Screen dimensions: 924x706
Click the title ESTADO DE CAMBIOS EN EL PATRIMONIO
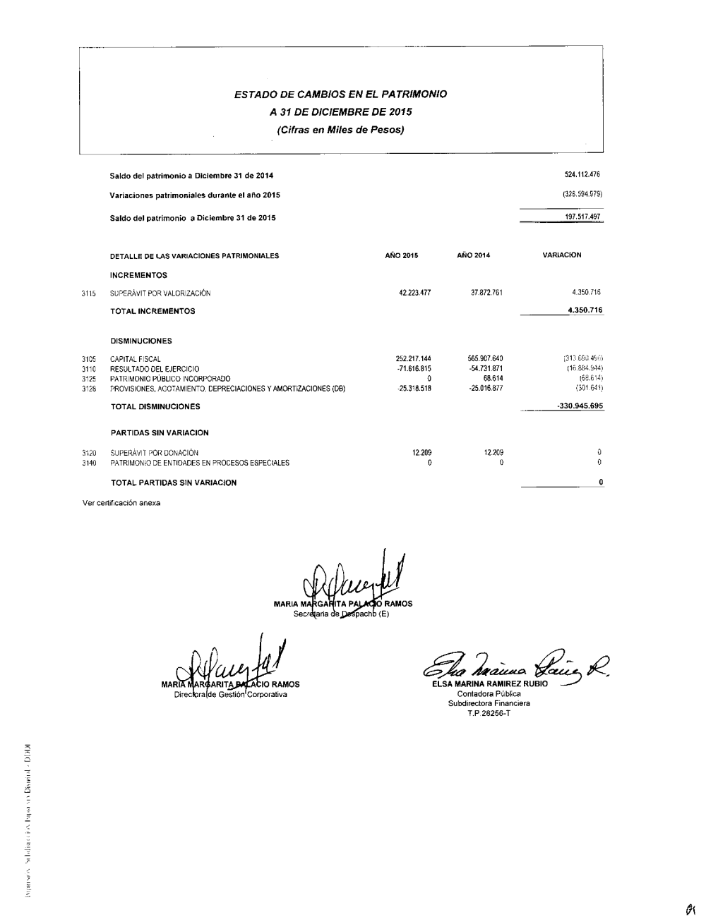(340, 93)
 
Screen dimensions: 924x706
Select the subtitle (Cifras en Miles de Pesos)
(340, 130)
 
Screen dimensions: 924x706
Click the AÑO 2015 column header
(401, 255)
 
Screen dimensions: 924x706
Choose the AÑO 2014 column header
(473, 255)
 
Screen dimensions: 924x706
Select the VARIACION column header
(561, 255)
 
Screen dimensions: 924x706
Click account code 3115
(88, 293)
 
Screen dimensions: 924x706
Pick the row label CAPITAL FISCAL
(136, 359)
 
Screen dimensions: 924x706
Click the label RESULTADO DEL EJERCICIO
(155, 369)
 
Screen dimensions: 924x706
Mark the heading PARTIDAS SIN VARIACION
(160, 433)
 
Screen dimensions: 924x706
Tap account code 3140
(88, 463)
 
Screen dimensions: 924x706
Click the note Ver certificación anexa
(121, 503)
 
